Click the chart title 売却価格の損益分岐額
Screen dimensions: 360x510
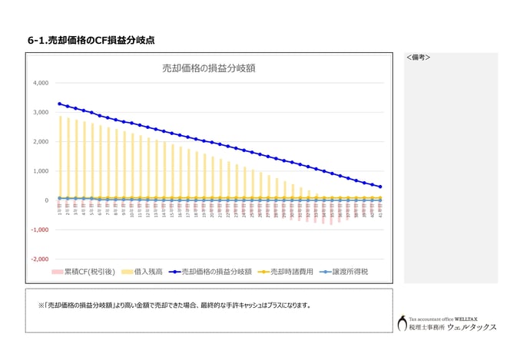(x=209, y=68)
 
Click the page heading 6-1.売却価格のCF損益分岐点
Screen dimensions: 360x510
(x=96, y=40)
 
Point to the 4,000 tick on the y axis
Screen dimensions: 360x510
(x=40, y=83)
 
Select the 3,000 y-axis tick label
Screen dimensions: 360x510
(x=40, y=112)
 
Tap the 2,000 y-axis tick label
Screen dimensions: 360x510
(x=40, y=142)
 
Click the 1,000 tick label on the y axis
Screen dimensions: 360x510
(x=40, y=171)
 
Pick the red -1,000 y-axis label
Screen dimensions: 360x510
(x=38, y=230)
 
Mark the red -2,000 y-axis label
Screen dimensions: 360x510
(x=38, y=259)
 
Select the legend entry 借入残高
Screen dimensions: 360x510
(x=146, y=272)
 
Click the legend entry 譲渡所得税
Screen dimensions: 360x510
(x=353, y=272)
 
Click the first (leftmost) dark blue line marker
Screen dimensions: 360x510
(x=60, y=104)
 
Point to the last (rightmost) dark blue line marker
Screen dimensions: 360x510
(x=380, y=187)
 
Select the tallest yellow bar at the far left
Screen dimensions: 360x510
(x=60, y=158)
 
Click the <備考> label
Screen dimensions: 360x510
(x=418, y=58)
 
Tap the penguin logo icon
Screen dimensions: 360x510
(x=402, y=323)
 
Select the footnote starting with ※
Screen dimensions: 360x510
(x=174, y=306)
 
